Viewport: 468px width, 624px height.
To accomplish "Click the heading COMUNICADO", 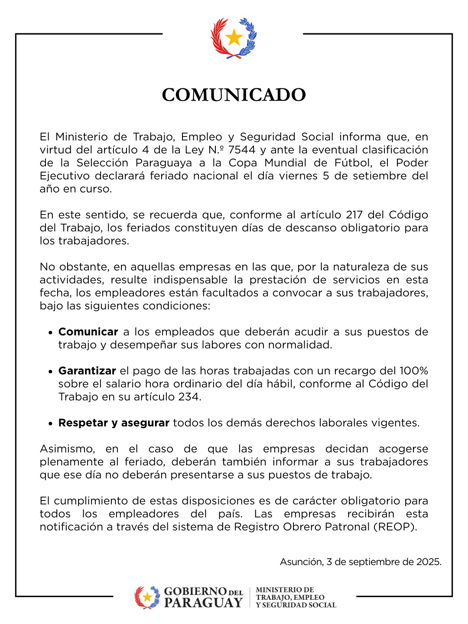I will tap(234, 95).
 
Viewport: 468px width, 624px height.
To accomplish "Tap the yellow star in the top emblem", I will tap(234, 38).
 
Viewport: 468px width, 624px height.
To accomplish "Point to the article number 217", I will tap(355, 215).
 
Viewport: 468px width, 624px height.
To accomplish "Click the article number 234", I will tap(189, 397).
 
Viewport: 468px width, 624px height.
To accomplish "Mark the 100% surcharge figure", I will tap(413, 371).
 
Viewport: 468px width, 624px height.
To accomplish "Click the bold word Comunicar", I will tap(88, 332).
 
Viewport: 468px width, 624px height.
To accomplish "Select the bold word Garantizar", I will tap(87, 371).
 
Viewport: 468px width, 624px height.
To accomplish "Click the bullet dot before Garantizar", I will tap(50, 372).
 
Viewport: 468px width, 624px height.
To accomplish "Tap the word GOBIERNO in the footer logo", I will tap(195, 592).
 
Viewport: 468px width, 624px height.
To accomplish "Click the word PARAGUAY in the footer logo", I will tap(203, 603).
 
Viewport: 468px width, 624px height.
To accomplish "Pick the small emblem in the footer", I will tap(147, 597).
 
